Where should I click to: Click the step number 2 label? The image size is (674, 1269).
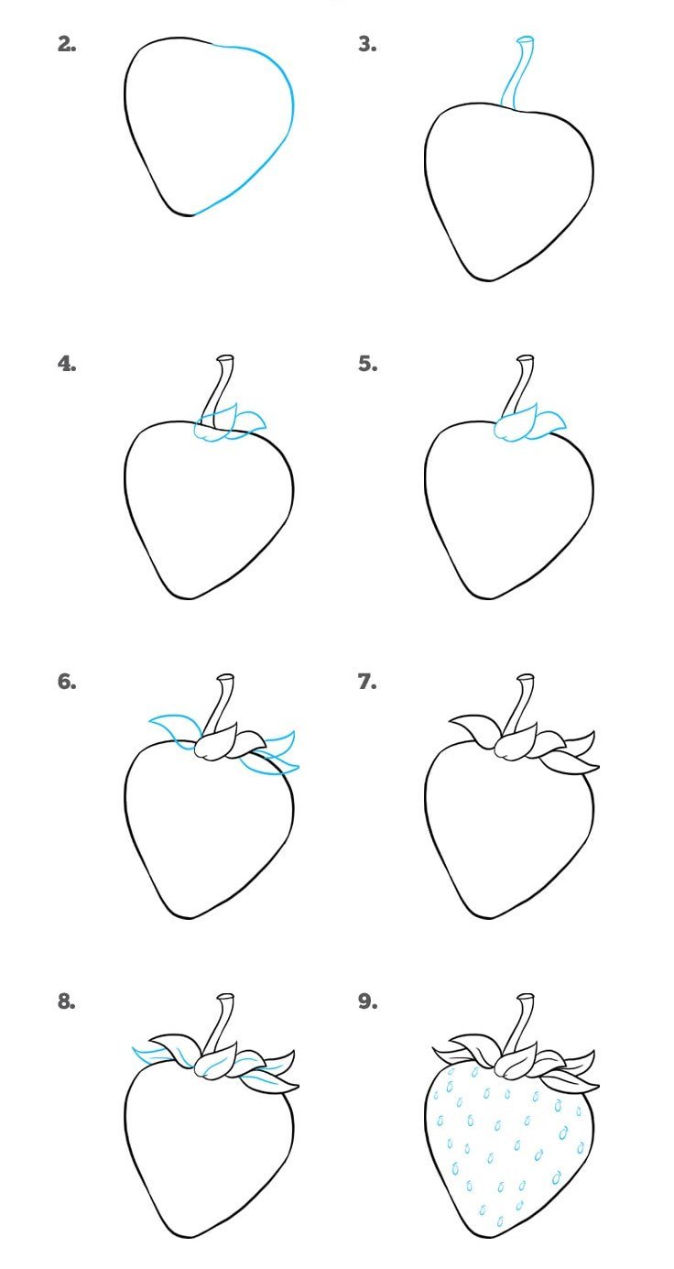pos(67,44)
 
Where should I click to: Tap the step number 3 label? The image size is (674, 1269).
pos(367,44)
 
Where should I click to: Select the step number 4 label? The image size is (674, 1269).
pos(67,363)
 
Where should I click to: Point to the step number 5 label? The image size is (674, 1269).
pos(367,363)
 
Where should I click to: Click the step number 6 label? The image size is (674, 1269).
pos(67,682)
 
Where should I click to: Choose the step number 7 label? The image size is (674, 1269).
pos(367,682)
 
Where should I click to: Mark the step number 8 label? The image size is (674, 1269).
pos(67,1001)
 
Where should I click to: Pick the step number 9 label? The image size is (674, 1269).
pos(367,1001)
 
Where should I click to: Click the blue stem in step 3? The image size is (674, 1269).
pos(516,73)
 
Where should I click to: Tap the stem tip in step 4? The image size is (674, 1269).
pos(225,359)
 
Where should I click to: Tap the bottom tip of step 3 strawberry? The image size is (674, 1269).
pos(488,279)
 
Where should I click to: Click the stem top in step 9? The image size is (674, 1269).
pos(526,997)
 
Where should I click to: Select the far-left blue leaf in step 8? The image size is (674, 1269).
pos(153,1055)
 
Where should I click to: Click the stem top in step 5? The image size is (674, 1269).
pos(526,359)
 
